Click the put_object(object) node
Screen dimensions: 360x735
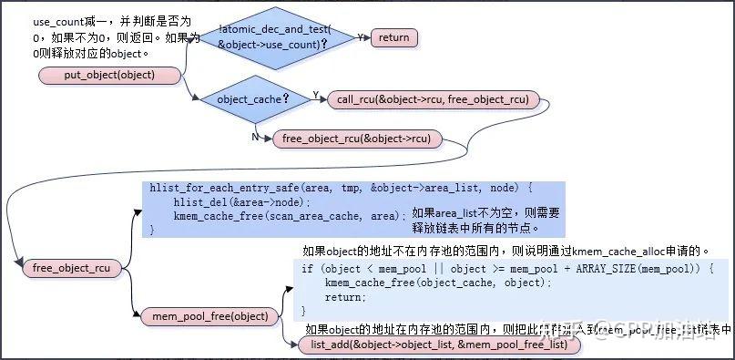[x=109, y=75]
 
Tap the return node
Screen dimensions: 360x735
[x=393, y=37]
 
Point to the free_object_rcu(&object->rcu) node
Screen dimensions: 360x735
[x=357, y=139]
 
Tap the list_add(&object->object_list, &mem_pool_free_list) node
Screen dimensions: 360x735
[x=439, y=345]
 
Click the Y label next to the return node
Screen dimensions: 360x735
[x=360, y=37]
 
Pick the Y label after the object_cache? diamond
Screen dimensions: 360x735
[x=315, y=95]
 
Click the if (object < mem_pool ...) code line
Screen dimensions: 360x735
[x=501, y=269]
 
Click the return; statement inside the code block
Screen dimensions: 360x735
[x=344, y=297]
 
